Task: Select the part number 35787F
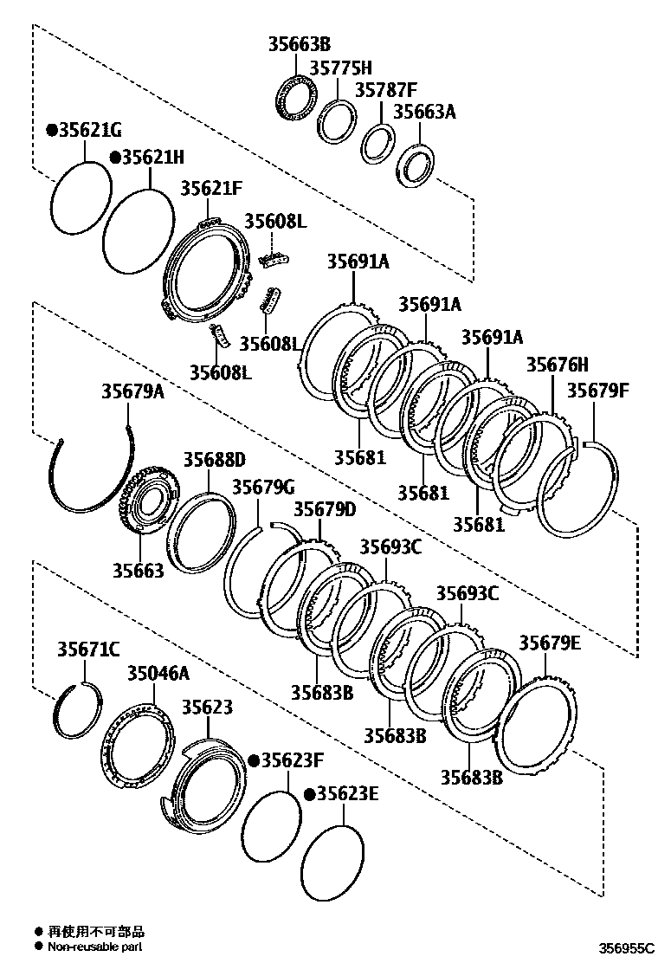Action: click(x=385, y=90)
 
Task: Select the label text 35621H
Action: click(x=152, y=158)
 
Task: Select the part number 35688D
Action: click(x=214, y=459)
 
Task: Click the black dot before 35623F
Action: click(x=254, y=760)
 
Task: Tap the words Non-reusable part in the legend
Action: click(x=95, y=947)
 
